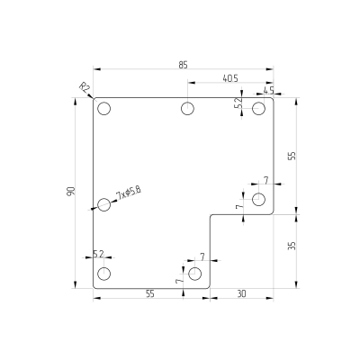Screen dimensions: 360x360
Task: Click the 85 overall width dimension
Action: pos(183,65)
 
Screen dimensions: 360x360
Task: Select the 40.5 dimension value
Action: pos(230,78)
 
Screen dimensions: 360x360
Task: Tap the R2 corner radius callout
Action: pos(85,88)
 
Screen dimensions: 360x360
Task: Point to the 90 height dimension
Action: pos(70,192)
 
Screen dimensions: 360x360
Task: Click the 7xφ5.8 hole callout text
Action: pos(129,193)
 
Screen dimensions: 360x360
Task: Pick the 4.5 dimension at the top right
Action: pos(269,90)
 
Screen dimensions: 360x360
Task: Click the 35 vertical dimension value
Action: pos(292,246)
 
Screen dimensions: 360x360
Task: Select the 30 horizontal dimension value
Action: pos(241,294)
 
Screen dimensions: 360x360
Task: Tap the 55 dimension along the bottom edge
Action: pos(150,294)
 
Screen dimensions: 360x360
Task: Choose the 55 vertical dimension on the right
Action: pos(292,156)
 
